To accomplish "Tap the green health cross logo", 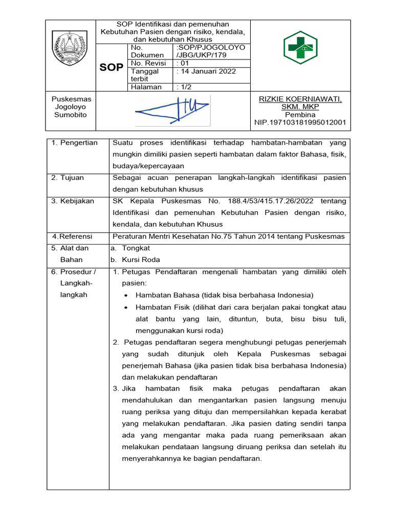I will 300,47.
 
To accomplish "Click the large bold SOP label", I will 112,67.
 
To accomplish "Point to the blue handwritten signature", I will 171,109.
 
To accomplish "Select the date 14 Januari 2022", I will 206,71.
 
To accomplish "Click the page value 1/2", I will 185,87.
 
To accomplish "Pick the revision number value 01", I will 183,63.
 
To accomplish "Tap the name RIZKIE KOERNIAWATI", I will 300,98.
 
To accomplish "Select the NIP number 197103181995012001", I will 300,123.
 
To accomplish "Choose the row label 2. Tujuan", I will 68,177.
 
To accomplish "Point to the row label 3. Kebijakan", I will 73,201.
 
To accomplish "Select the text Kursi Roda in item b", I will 134,260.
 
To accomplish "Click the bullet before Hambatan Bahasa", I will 126,295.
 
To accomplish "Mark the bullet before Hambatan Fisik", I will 126,308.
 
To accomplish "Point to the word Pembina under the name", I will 300,115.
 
